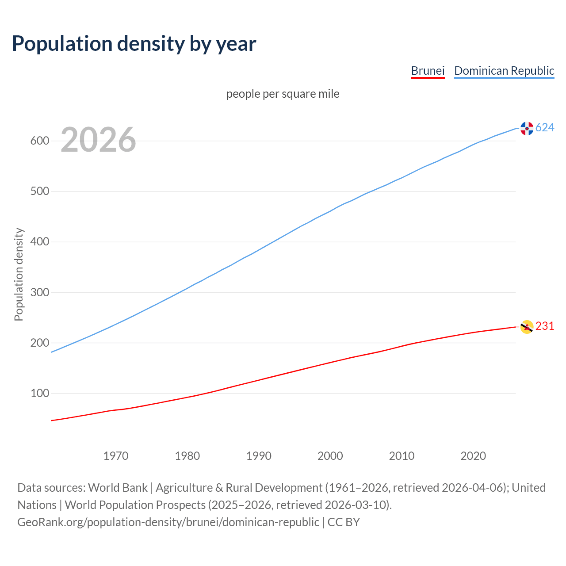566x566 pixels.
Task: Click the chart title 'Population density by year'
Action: (x=134, y=44)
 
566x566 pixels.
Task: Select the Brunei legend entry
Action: (x=428, y=71)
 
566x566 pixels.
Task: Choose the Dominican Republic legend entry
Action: (x=504, y=71)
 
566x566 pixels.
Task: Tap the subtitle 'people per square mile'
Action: (x=283, y=94)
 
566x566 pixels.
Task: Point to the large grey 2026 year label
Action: (x=98, y=140)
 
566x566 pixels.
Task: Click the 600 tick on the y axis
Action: (x=39, y=141)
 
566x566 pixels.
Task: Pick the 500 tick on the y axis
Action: (x=39, y=191)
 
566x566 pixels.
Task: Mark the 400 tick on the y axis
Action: (x=39, y=242)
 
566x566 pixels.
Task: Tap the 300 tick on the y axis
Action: (x=39, y=292)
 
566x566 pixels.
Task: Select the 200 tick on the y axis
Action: (x=39, y=343)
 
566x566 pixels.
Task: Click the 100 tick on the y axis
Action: (x=39, y=393)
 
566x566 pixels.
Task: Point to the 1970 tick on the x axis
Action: (x=116, y=456)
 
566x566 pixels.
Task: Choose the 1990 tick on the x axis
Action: (x=259, y=456)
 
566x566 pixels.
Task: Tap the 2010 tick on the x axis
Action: (x=402, y=456)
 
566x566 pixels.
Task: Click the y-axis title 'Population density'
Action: (x=19, y=274)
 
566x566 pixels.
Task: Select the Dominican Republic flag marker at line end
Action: (x=527, y=128)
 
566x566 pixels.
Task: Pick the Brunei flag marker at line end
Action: (x=526, y=327)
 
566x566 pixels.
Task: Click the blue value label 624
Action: (x=545, y=128)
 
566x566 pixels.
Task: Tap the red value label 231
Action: (x=545, y=326)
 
